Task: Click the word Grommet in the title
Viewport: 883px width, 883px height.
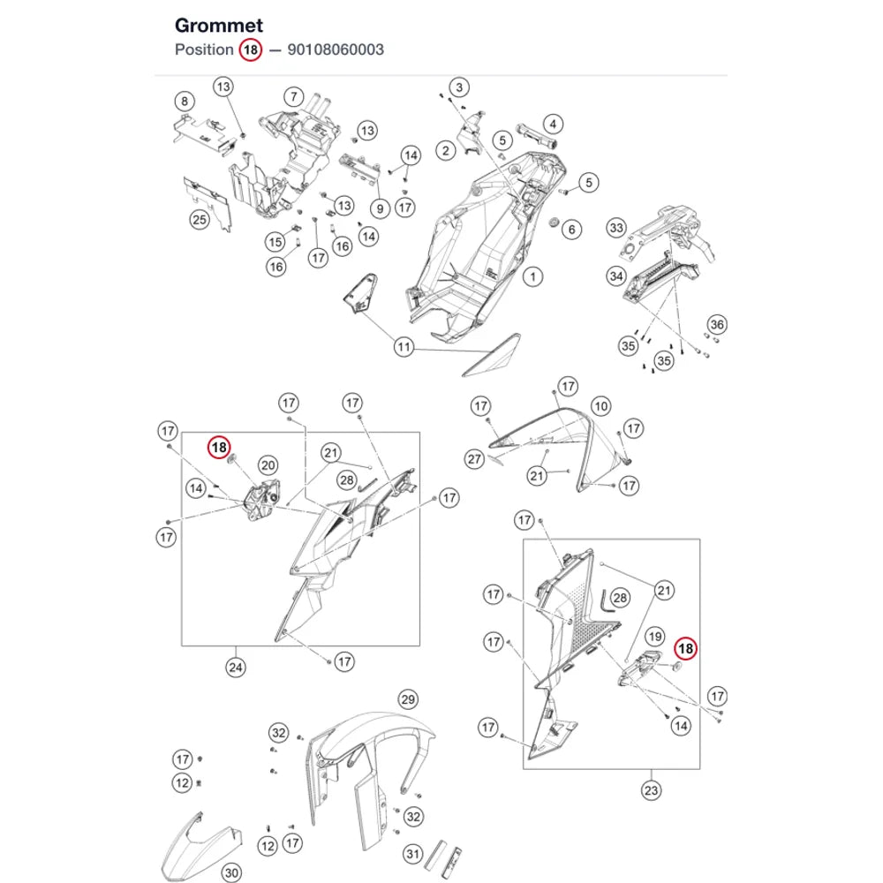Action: pos(218,26)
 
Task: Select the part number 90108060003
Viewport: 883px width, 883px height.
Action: pos(336,49)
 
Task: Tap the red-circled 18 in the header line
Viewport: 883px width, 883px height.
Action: pos(251,49)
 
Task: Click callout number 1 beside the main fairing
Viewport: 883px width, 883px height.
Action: pos(532,276)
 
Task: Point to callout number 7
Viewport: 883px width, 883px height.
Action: pos(293,97)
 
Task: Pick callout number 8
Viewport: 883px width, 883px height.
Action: pos(185,102)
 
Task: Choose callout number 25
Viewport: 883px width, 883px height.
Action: pos(200,220)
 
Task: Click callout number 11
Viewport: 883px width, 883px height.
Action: pos(404,347)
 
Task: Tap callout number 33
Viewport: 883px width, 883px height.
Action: pos(616,228)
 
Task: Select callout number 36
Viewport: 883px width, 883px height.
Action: pos(717,324)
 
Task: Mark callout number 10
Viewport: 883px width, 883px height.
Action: pos(601,406)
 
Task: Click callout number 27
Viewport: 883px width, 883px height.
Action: pos(475,459)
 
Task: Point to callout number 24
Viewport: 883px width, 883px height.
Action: pos(236,668)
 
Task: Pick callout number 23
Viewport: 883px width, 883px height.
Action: pos(651,790)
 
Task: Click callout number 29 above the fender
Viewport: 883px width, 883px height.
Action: pos(408,700)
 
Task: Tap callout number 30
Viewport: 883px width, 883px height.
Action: pos(231,873)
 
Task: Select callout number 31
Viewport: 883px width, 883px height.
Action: pos(412,854)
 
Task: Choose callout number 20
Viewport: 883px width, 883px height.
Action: pos(268,465)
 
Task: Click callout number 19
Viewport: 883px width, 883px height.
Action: pos(654,637)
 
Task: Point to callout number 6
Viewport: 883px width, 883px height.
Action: pos(571,230)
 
